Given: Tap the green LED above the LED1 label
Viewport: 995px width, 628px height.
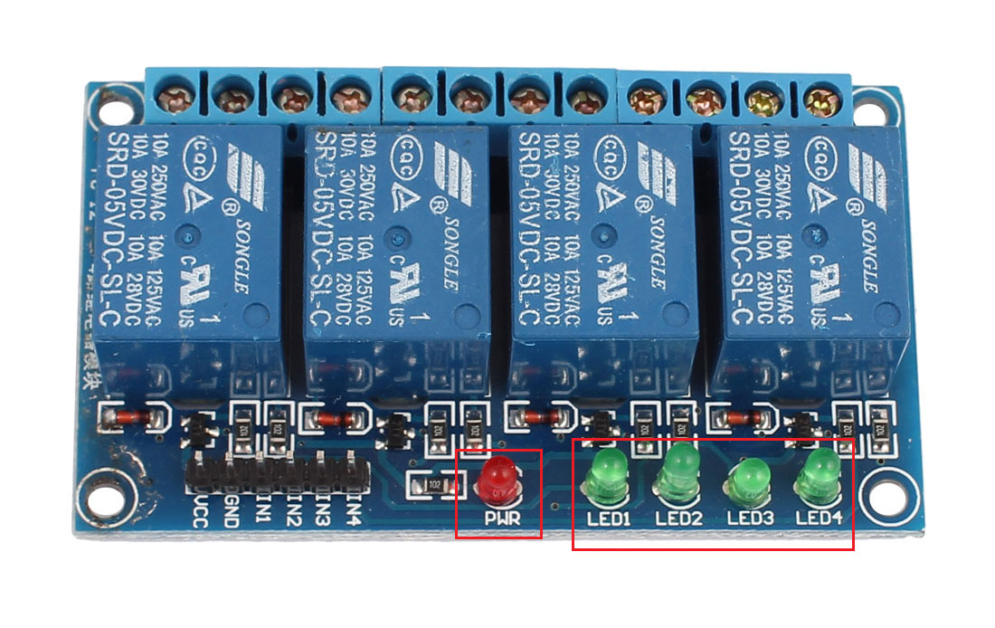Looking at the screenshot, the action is [x=606, y=478].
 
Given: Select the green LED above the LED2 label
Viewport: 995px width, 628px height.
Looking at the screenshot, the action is [x=678, y=472].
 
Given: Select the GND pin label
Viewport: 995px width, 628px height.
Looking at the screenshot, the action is [x=230, y=509].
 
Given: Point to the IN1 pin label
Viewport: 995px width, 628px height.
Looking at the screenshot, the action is [x=261, y=508].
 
